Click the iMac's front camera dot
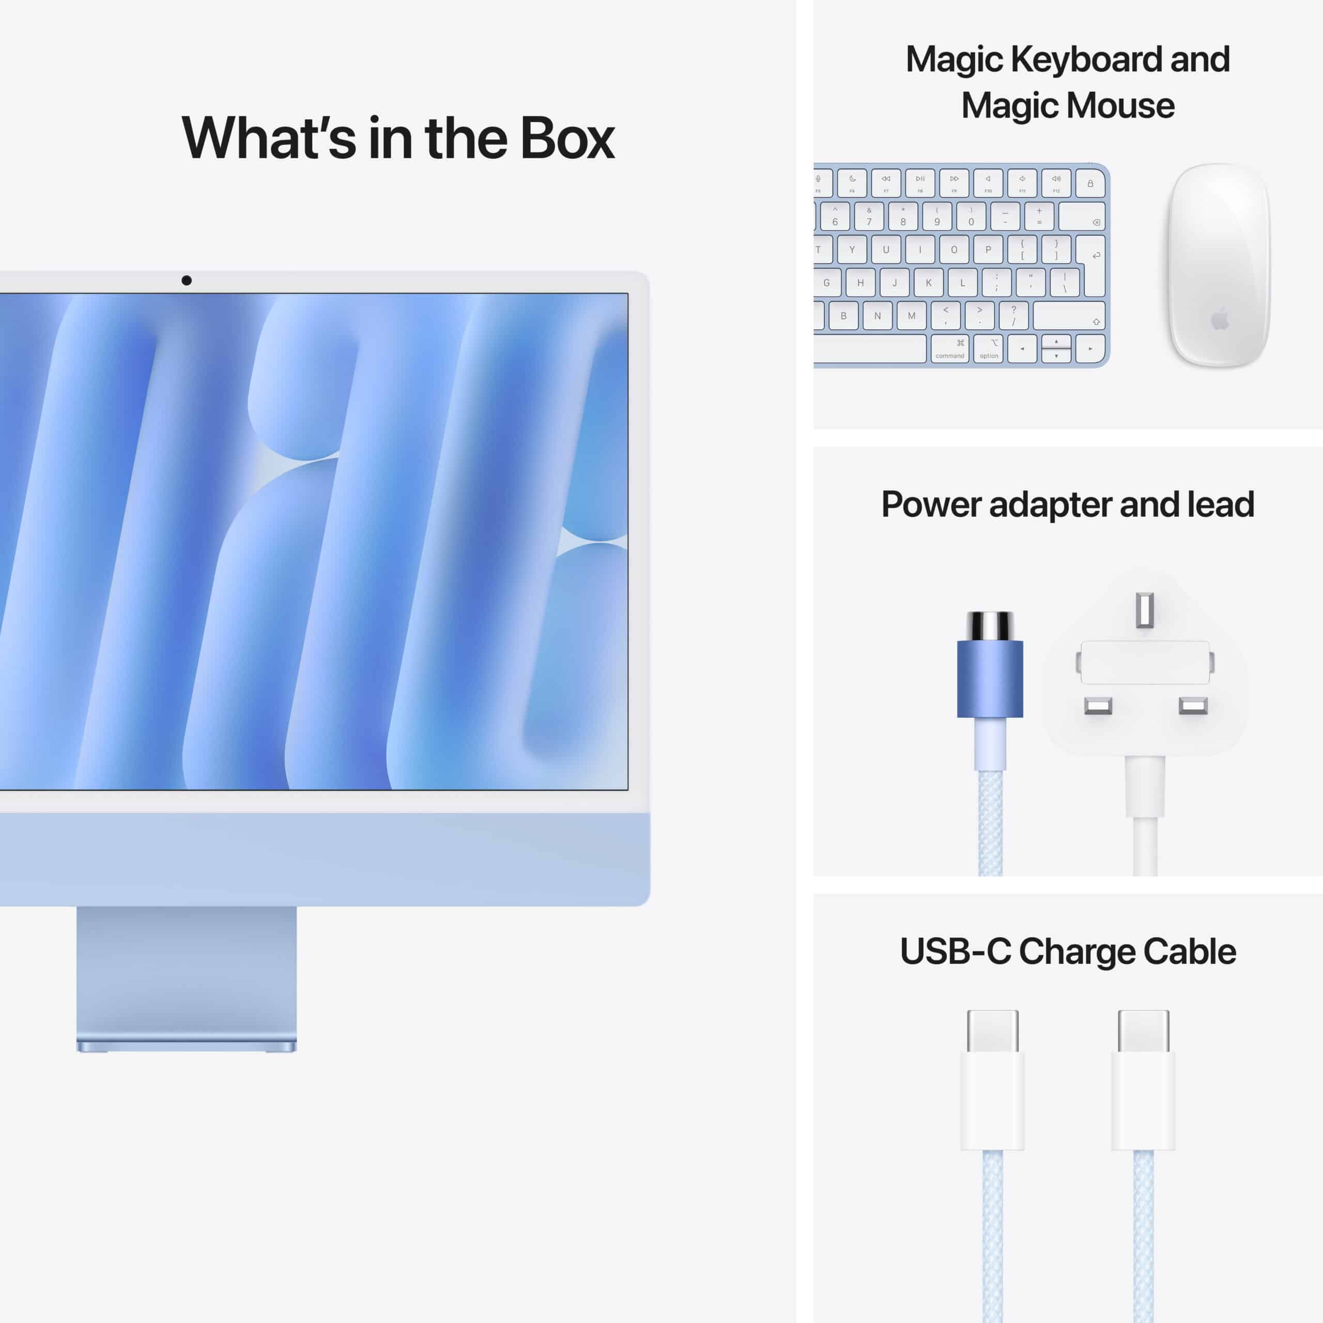coord(186,280)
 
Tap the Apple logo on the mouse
coord(1220,319)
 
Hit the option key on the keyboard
coord(988,348)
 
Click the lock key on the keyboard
coord(1090,183)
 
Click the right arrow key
coord(1090,348)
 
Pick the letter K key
coord(929,283)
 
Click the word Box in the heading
coord(567,139)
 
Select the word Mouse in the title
coord(1120,106)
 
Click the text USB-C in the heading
coord(955,952)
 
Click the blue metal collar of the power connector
coord(990,679)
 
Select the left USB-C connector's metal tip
coord(992,1030)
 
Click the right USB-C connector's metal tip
coord(1144,1030)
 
